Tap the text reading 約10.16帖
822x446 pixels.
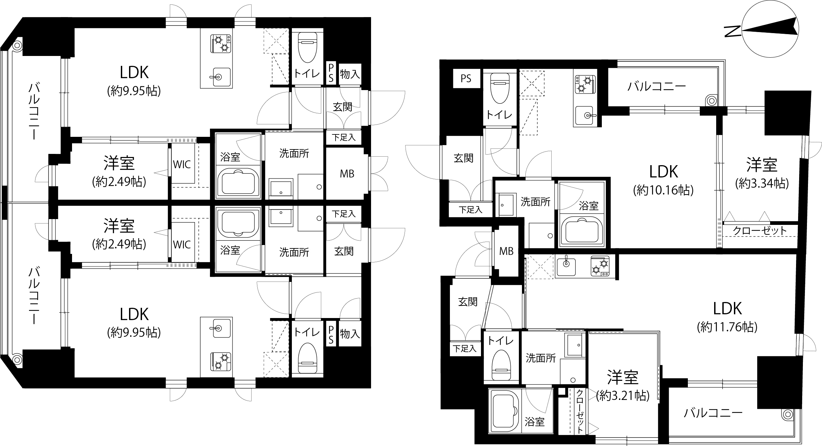point(663,190)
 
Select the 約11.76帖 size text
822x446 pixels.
point(727,327)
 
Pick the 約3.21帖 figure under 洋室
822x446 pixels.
point(623,395)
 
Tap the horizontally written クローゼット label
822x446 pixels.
point(760,231)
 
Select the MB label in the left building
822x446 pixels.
point(347,174)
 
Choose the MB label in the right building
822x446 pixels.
point(506,251)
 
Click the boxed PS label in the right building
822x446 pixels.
point(466,78)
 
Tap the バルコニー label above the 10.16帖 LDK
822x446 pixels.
point(657,86)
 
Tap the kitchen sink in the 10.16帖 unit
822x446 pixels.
point(585,116)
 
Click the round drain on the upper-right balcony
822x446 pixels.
point(711,101)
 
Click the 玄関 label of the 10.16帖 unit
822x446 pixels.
point(463,158)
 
